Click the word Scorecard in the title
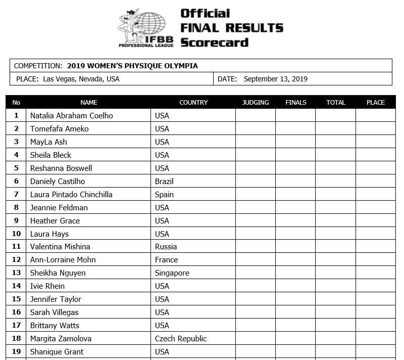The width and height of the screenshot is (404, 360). [x=215, y=42]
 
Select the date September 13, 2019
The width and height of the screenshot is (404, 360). [x=275, y=79]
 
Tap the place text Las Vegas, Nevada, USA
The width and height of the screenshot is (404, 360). [x=81, y=79]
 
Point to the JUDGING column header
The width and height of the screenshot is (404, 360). [x=256, y=102]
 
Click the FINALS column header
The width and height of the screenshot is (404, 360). [x=296, y=102]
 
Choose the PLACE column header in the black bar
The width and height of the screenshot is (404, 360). [x=376, y=102]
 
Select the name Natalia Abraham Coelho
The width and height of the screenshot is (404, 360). [x=72, y=116]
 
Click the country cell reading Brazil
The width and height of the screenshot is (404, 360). [x=164, y=182]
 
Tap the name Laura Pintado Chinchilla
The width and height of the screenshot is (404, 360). [x=71, y=195]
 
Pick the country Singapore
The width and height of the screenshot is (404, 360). [x=172, y=273]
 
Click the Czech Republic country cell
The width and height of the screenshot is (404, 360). [x=181, y=339]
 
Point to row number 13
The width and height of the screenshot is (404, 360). [x=16, y=273]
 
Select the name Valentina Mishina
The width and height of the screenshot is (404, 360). [x=60, y=247]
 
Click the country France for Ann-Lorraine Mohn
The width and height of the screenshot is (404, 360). [x=166, y=260]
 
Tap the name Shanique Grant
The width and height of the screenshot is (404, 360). [x=57, y=352]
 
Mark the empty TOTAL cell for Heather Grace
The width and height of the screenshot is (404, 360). [x=336, y=221]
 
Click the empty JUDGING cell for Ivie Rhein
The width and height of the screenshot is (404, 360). [x=256, y=286]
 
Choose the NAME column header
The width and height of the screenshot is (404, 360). [x=89, y=102]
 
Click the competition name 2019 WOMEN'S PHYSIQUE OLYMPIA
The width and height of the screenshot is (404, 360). [x=132, y=66]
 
